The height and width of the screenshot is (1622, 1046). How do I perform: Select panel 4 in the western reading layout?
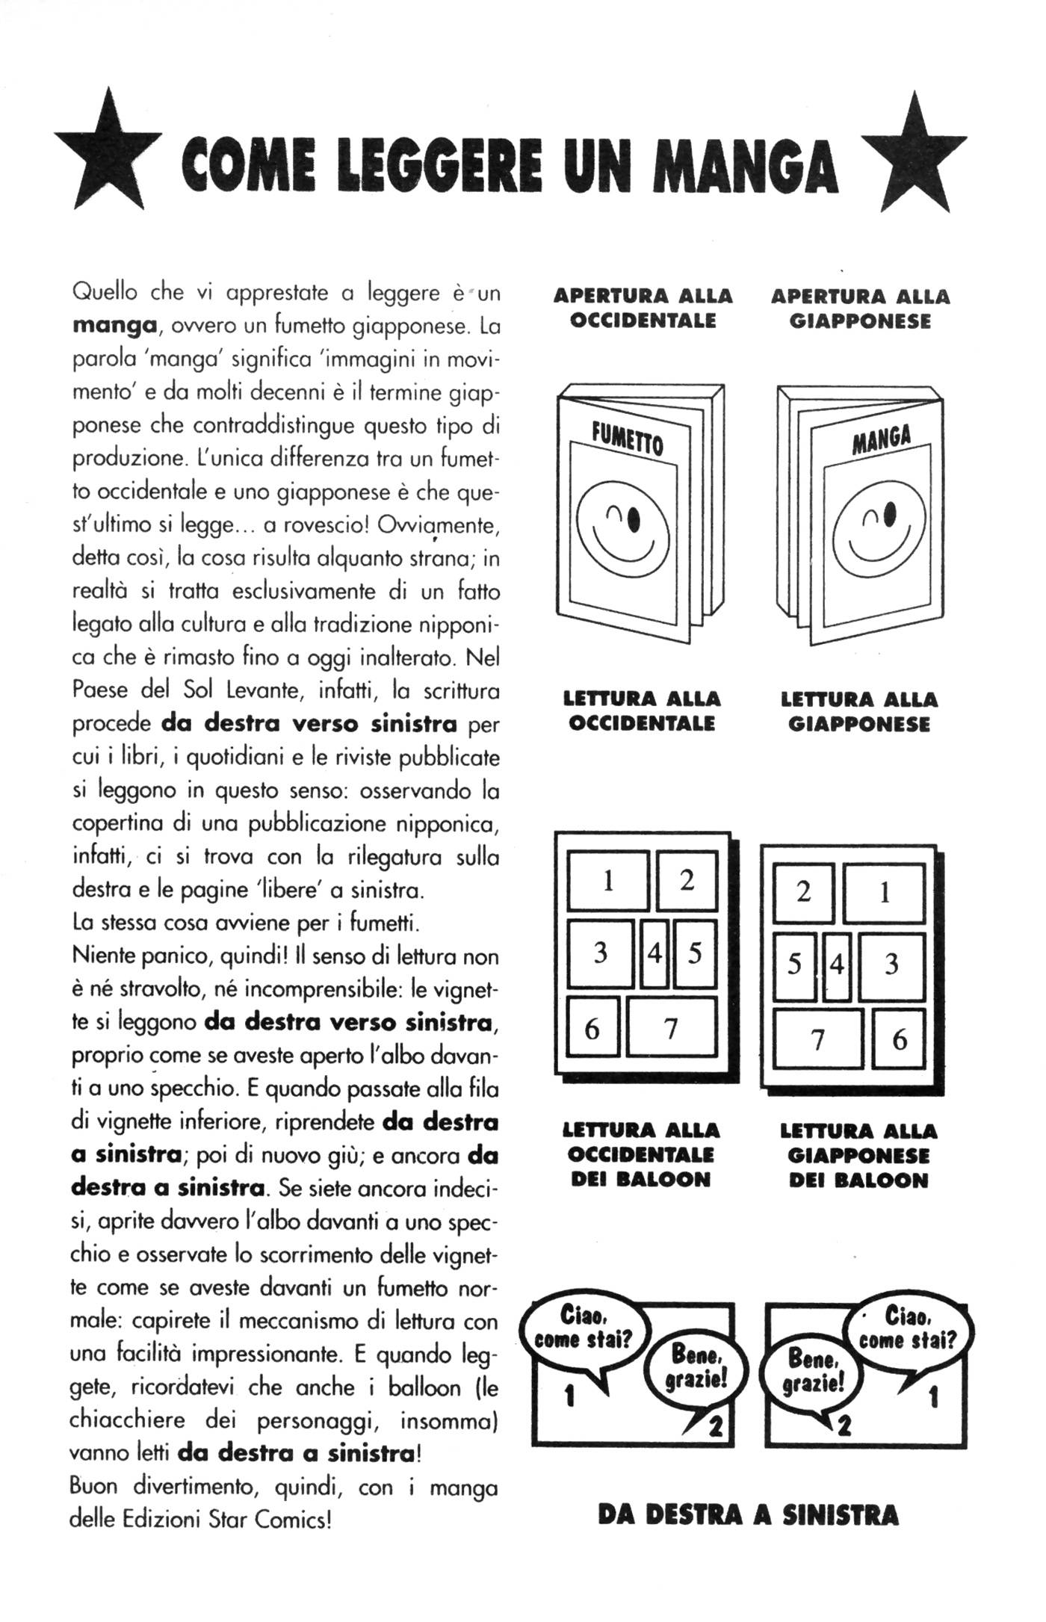pos(654,953)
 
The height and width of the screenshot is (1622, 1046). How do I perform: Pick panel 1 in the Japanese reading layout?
pos(884,892)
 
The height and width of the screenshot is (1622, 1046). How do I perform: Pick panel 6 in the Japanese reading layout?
pos(899,1039)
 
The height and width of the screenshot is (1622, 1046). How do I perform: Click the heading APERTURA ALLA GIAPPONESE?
pos(859,309)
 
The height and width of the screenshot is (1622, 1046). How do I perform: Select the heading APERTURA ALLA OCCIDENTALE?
pos(643,308)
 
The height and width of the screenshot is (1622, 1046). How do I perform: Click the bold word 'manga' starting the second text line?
pos(114,326)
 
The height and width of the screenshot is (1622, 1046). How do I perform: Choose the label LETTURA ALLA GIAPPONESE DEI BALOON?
pos(858,1156)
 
